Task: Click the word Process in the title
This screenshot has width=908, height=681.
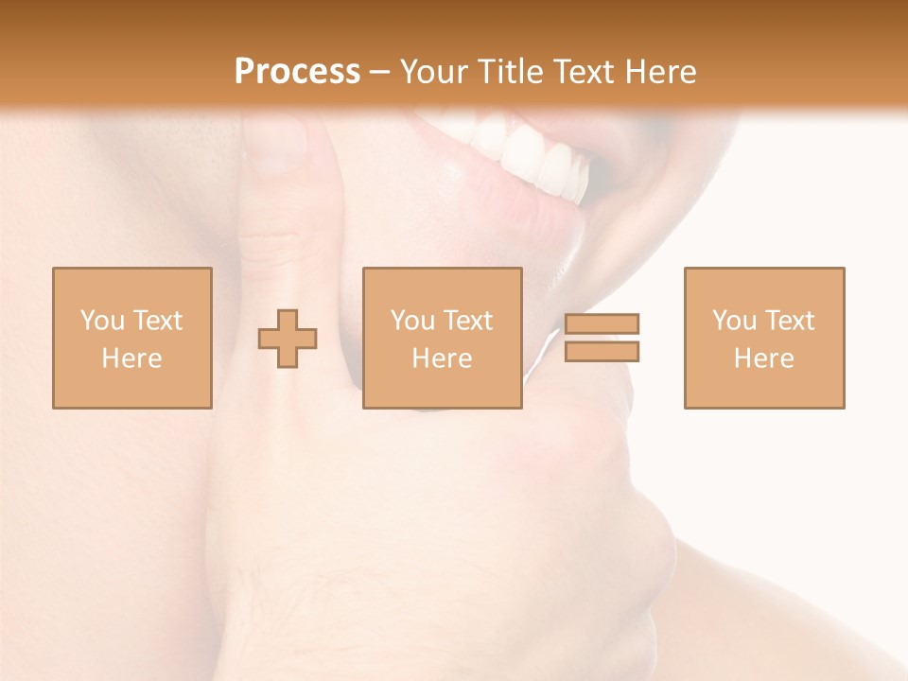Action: pos(297,71)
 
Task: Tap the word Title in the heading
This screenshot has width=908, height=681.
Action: pos(512,71)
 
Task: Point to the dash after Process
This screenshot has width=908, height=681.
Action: pos(379,72)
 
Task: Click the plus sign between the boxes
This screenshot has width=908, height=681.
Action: pos(288,338)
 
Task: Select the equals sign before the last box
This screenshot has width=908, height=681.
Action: pos(602,338)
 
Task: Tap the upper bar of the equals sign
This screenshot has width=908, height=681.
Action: pos(602,324)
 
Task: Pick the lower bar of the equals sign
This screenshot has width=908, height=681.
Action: pos(602,352)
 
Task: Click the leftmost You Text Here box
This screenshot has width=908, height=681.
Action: pos(132,338)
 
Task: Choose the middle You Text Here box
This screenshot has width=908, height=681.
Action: pos(443,338)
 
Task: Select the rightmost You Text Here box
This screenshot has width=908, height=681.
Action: pos(764,338)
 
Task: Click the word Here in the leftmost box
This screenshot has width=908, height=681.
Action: pos(131,358)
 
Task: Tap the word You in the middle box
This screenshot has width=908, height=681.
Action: pos(412,321)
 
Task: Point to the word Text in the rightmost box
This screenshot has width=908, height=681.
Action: pos(789,321)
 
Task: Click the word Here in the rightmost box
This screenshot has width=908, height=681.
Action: pos(763,358)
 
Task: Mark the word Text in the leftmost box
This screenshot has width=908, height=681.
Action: pos(157,321)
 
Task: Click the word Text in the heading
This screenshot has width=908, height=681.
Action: pos(577,71)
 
